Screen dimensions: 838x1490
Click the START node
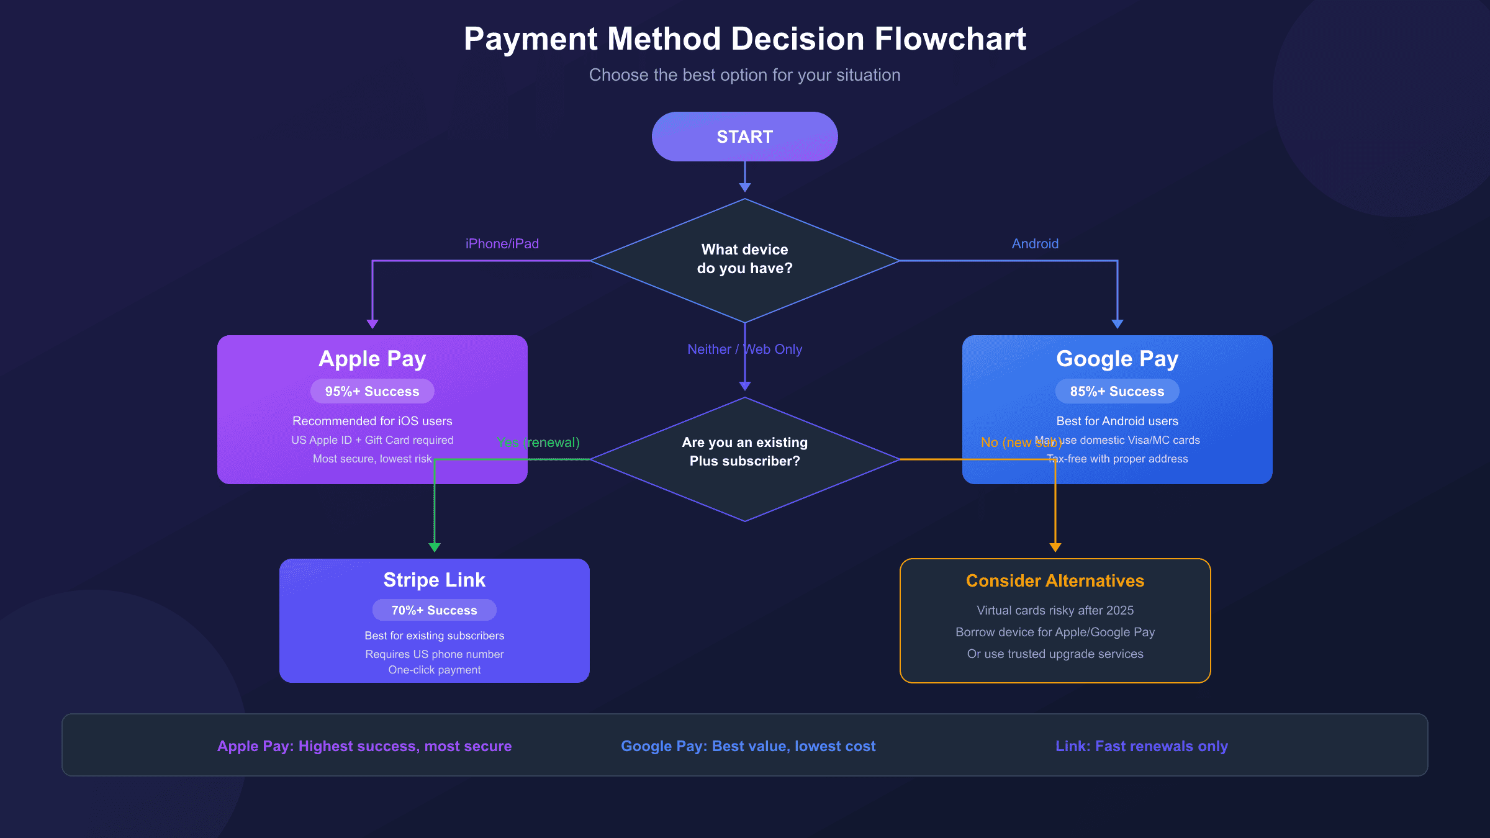tap(744, 137)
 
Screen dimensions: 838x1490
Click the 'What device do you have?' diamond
tap(744, 259)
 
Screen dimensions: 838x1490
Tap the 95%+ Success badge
tap(372, 391)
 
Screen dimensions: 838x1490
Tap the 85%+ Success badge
tap(1117, 391)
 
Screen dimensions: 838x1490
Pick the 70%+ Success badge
tap(434, 610)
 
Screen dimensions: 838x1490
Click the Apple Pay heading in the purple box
tap(372, 359)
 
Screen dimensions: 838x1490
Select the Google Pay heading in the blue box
tap(1117, 359)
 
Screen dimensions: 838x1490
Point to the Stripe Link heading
tap(434, 580)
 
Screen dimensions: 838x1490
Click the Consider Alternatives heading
tap(1055, 580)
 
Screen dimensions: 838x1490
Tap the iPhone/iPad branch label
tap(502, 244)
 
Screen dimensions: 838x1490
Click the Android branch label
tap(1035, 244)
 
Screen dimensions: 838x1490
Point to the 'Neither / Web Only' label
tap(744, 349)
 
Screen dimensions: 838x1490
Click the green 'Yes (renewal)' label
tap(538, 443)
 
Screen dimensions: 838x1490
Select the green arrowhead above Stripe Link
tap(435, 547)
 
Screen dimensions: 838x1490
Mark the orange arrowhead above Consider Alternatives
tap(1055, 547)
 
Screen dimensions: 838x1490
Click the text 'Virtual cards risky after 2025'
tap(1055, 610)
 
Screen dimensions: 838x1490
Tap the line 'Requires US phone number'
tap(434, 654)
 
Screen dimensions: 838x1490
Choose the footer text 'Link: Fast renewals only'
tap(1141, 746)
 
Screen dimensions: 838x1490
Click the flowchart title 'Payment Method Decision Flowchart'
tap(744, 39)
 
